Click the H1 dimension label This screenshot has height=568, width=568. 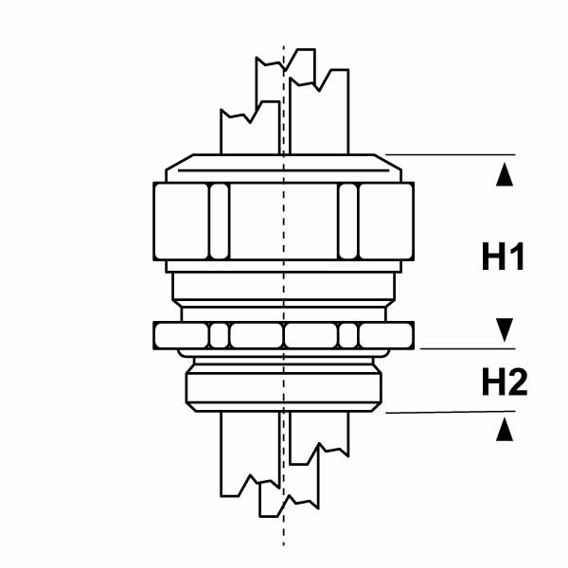tap(504, 257)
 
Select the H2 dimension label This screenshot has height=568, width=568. tap(505, 382)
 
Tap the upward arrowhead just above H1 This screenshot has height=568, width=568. tap(505, 174)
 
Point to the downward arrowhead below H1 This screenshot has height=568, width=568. tap(505, 329)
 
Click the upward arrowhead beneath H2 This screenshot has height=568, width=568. tap(505, 429)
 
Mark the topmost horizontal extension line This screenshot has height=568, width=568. tap(451, 154)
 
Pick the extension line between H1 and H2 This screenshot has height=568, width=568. tap(468, 348)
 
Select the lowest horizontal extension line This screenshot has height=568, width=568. tap(451, 412)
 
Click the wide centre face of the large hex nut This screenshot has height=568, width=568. tap(284, 222)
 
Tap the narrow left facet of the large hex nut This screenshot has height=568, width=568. tap(220, 222)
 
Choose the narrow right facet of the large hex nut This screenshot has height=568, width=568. tap(348, 222)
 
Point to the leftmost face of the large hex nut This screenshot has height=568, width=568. tap(182, 222)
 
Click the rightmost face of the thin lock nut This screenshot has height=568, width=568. tap(386, 335)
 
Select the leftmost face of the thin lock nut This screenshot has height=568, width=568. tap(182, 335)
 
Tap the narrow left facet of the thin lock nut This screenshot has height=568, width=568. tap(220, 335)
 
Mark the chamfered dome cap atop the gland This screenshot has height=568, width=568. tap(284, 169)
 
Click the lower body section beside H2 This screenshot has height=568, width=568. tap(284, 387)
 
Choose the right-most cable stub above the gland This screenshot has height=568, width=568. tap(319, 112)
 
